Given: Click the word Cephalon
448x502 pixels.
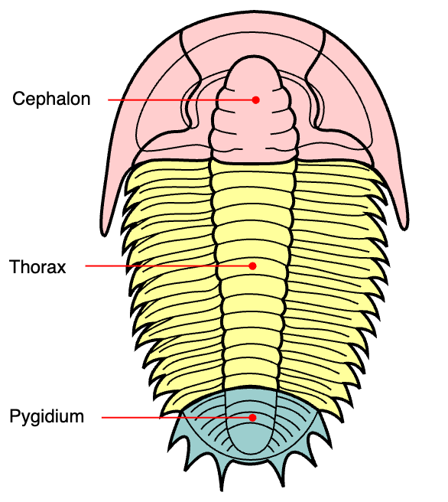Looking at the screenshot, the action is tap(51, 99).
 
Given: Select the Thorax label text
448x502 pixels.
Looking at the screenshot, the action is tap(37, 266).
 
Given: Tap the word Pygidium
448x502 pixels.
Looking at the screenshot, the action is tap(47, 417).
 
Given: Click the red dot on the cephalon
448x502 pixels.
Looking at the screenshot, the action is tap(255, 100).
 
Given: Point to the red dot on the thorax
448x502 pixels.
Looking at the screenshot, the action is tap(252, 266).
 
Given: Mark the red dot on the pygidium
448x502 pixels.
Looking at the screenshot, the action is tap(252, 418).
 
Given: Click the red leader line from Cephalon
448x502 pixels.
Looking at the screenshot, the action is tap(181, 100).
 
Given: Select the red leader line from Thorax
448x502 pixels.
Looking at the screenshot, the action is tap(169, 266).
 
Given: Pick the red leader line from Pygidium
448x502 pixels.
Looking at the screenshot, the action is tap(177, 418).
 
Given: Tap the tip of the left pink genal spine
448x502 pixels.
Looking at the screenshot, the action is tap(104, 236).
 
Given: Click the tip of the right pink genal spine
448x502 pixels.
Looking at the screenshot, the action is tap(404, 229).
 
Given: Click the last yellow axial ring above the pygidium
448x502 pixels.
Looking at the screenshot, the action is tap(252, 380).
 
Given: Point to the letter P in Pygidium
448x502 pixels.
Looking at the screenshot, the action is tap(15, 416).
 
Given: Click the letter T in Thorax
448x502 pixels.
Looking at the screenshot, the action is tap(15, 266).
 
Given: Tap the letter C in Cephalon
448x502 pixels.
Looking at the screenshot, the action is tap(18, 99).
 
